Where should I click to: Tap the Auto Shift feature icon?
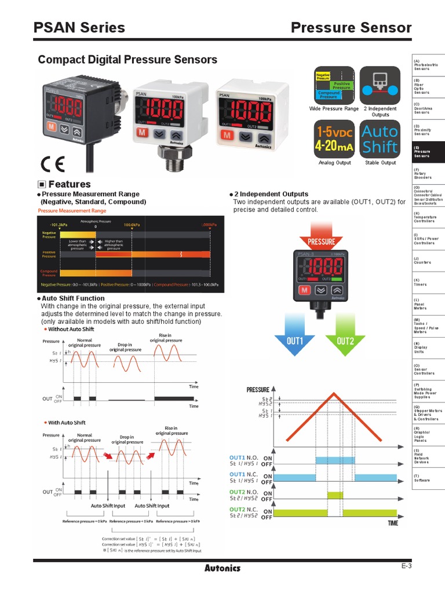[380, 139]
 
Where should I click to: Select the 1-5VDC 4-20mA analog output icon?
[334, 139]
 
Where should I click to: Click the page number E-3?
[406, 566]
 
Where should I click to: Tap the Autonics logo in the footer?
[222, 568]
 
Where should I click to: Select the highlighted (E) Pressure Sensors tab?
[428, 152]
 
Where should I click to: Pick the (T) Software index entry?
[422, 478]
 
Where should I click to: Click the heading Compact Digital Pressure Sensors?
[127, 60]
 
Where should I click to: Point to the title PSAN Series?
[79, 27]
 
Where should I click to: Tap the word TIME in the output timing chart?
[393, 523]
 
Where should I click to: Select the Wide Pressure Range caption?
[334, 108]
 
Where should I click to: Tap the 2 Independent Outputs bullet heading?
[271, 194]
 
